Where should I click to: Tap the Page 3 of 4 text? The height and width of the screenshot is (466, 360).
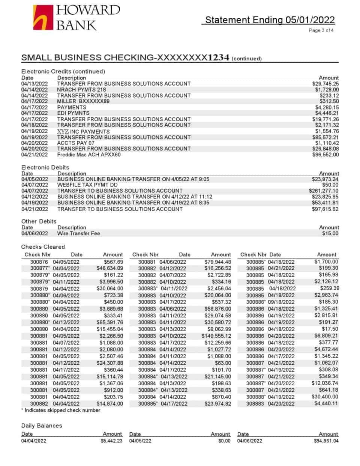[x=321, y=30]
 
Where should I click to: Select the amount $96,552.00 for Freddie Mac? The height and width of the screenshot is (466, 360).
[x=325, y=155]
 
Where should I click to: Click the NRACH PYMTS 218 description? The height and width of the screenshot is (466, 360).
[x=81, y=90]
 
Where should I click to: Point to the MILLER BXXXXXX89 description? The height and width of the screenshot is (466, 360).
[x=83, y=101]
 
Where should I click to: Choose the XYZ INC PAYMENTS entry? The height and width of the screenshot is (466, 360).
[x=83, y=131]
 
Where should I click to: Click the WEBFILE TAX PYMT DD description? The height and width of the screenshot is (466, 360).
[x=87, y=185]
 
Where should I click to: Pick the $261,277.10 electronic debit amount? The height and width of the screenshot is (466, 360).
[x=323, y=191]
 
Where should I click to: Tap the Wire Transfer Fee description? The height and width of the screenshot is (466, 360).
[x=78, y=233]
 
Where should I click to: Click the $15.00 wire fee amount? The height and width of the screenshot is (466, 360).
[x=330, y=233]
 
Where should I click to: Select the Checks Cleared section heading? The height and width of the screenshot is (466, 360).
[x=43, y=247]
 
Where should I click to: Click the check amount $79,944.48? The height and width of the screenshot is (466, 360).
[x=217, y=262]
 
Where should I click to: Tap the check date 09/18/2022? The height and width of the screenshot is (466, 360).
[x=281, y=302]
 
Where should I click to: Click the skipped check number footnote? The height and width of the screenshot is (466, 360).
[x=61, y=410]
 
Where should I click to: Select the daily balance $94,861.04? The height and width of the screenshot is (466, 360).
[x=326, y=441]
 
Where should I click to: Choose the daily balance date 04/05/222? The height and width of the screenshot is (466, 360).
[x=140, y=441]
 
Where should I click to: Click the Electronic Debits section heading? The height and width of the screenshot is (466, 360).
[x=45, y=167]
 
